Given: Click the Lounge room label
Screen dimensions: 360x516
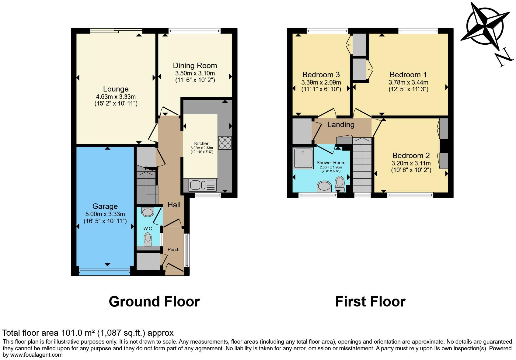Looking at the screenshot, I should coord(116,89).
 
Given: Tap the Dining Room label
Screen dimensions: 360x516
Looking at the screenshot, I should coord(195,65).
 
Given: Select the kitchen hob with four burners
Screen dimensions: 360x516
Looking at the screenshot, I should coord(225,143).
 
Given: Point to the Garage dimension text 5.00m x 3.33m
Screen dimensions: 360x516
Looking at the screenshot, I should coord(105,214).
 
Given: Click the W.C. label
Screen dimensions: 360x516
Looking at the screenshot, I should coord(148,228).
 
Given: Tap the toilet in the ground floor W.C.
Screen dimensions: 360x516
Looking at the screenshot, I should coord(148,239).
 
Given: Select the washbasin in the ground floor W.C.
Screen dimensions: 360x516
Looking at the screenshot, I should coord(148,212).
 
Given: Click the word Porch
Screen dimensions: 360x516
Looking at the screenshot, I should coord(173,249).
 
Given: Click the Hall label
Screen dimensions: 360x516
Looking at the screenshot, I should coord(174,205).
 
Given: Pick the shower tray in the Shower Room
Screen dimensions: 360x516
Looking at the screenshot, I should coord(303,158).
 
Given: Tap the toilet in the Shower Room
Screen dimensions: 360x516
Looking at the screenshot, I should coord(340,184).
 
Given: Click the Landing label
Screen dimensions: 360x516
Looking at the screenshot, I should coord(341,124).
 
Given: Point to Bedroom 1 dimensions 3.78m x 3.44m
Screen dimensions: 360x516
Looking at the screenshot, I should coord(408,82).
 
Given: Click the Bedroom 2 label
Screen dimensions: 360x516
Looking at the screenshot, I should coord(411,156).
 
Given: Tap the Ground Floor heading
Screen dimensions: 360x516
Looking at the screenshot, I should coord(154,302).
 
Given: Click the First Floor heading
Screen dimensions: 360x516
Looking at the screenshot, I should coord(370,302).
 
